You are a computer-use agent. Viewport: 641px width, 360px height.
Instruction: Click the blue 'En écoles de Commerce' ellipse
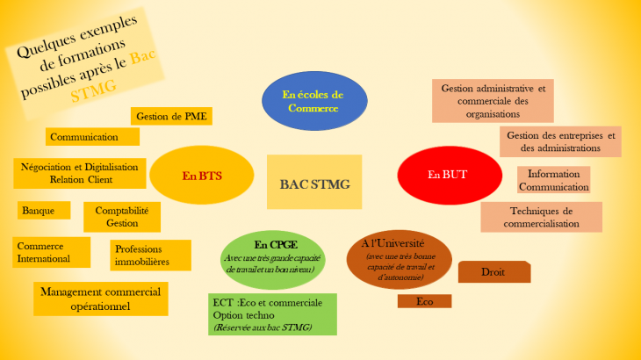pyautogui.click(x=313, y=101)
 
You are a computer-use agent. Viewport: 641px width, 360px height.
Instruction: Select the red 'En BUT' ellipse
pyautogui.click(x=447, y=175)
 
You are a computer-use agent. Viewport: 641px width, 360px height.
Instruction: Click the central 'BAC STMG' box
pyautogui.click(x=314, y=183)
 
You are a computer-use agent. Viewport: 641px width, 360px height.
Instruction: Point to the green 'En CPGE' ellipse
pyautogui.click(x=271, y=256)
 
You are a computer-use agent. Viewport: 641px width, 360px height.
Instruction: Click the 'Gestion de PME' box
pyautogui.click(x=172, y=116)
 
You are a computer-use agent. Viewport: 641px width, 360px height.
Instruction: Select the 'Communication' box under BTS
pyautogui.click(x=92, y=137)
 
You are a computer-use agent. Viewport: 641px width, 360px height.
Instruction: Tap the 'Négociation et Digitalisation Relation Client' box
pyautogui.click(x=79, y=173)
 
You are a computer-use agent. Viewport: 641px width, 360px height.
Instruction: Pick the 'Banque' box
pyautogui.click(x=43, y=211)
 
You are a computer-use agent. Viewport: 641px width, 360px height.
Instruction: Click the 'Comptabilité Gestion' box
pyautogui.click(x=122, y=217)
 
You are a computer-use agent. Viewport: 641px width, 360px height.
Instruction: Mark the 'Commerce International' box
pyautogui.click(x=52, y=252)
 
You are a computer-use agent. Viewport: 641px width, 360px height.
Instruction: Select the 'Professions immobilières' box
pyautogui.click(x=151, y=255)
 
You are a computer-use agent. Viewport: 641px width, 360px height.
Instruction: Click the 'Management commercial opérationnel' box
pyautogui.click(x=101, y=299)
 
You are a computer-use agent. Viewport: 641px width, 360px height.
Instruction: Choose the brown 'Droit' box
pyautogui.click(x=494, y=272)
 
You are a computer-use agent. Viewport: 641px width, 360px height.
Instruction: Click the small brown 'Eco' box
pyautogui.click(x=424, y=301)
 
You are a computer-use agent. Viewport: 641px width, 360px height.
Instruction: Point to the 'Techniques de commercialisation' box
pyautogui.click(x=541, y=217)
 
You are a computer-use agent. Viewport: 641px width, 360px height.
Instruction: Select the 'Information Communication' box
pyautogui.click(x=553, y=180)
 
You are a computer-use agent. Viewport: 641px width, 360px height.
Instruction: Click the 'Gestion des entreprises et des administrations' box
pyautogui.click(x=560, y=142)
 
